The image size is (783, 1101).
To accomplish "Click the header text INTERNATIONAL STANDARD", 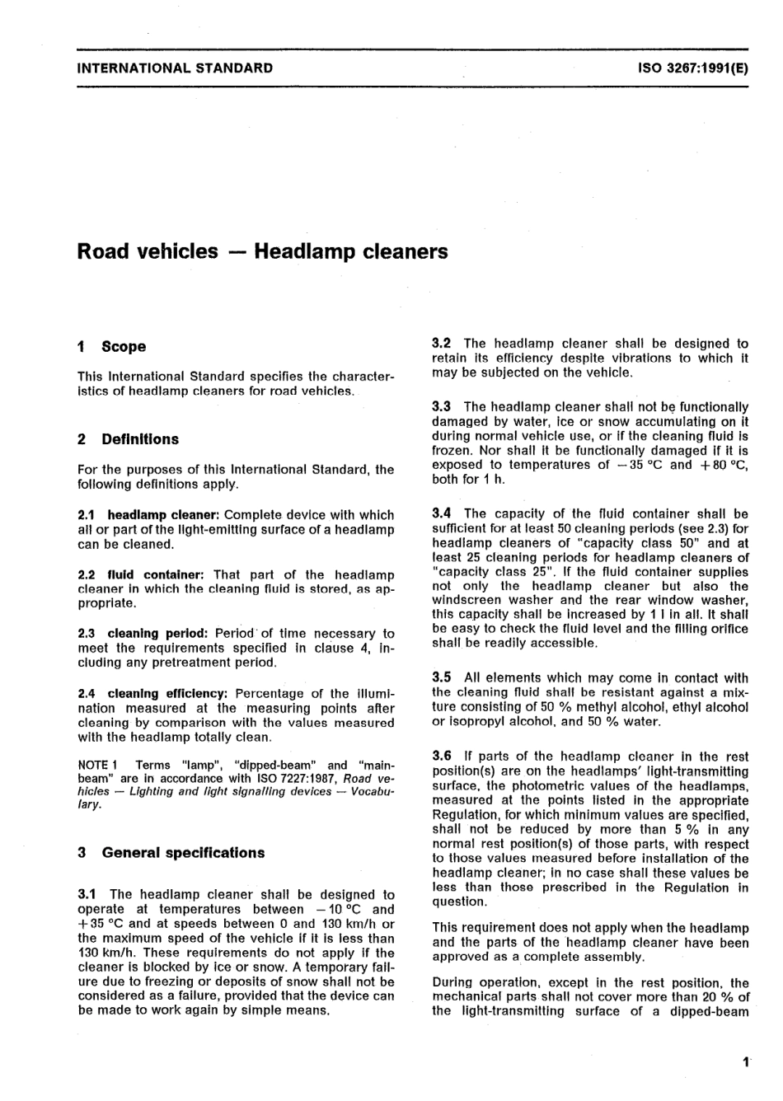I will (174, 68).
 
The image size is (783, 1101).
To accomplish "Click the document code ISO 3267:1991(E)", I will (692, 68).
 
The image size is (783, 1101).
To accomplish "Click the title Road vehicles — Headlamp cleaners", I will (262, 251).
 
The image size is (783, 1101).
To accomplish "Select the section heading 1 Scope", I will (111, 347).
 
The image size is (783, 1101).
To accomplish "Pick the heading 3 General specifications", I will (171, 853).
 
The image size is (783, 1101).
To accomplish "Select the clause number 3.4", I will (442, 513).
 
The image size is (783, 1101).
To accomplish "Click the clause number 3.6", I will (442, 756).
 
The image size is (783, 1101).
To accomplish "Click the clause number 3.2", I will (442, 343).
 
